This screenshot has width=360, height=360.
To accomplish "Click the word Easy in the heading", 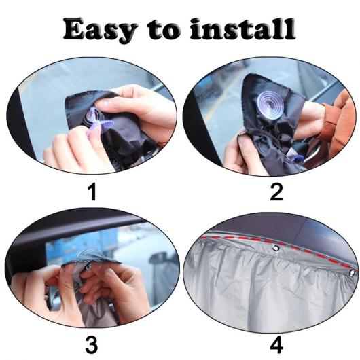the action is [99, 31].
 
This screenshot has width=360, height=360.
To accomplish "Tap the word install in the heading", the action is [242, 29].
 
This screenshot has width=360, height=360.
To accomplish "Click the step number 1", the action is [92, 192].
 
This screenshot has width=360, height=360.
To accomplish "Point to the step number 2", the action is [276, 192].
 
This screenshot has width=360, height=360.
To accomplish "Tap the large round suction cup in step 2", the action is [271, 105].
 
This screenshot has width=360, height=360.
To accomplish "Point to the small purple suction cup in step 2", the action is [296, 159].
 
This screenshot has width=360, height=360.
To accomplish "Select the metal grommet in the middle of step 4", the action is [276, 248].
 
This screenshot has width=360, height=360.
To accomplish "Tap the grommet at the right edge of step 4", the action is [352, 273].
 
